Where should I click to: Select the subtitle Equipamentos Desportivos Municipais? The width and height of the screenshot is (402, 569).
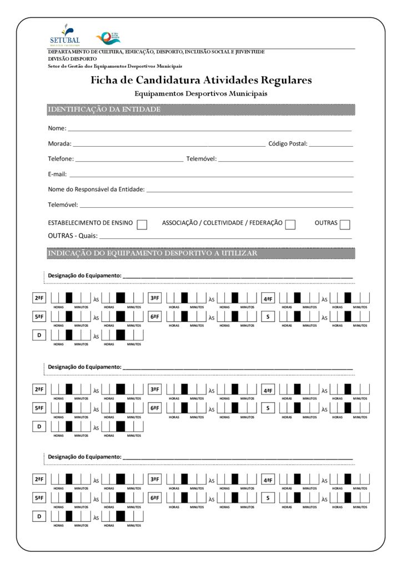pos(200,93)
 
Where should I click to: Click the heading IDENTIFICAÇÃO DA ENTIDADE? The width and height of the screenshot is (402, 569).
pos(104,109)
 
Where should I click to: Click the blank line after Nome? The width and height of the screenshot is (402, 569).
pos(209,129)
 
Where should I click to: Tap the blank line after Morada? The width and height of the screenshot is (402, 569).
pos(169,144)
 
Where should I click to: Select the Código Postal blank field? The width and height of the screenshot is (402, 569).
pos(331,144)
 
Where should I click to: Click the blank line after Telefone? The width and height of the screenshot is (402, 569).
pos(129,159)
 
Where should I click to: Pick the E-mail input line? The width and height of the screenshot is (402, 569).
pos(211,174)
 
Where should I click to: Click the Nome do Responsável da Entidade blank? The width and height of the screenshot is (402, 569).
pos(249,189)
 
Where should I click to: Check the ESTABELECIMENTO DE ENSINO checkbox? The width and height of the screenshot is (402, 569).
pos(142,224)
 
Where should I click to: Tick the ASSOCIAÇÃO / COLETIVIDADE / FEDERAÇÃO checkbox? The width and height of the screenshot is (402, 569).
pos(290,224)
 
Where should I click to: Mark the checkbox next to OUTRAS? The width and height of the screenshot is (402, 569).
pos(345,224)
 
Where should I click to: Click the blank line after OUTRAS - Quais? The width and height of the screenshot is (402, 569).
pos(225,236)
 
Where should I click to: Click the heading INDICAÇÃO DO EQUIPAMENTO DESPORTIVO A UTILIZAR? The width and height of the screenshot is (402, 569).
pos(153,253)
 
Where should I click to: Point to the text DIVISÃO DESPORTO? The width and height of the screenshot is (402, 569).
pos(72,58)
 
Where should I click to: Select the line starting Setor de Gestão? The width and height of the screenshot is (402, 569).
pos(115,66)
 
